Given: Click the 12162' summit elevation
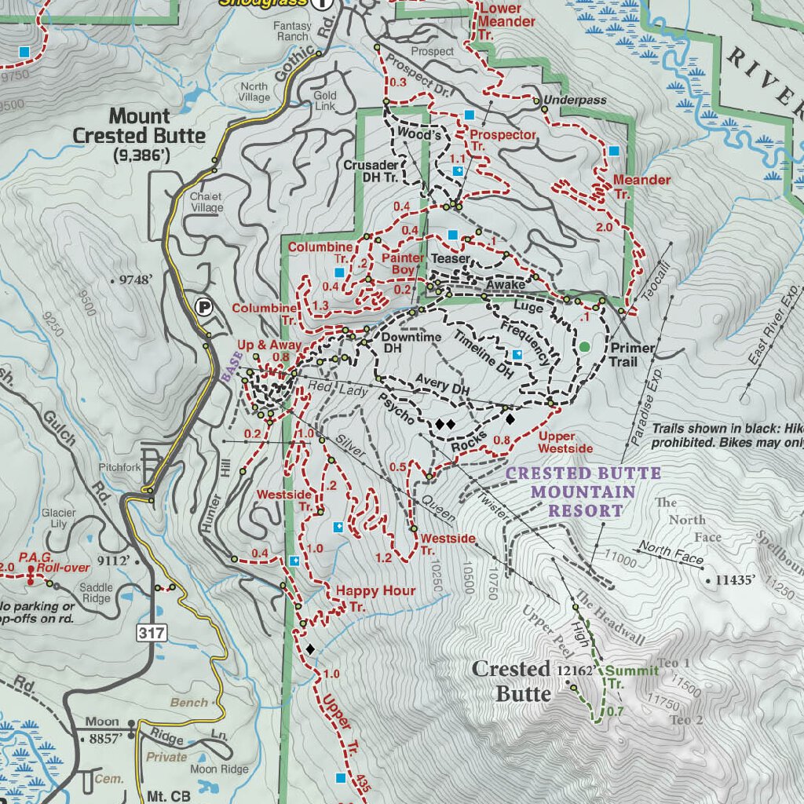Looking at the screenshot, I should (x=575, y=671).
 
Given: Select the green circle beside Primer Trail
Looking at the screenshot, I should (x=584, y=346).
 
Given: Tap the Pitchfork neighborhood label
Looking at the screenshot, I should (x=119, y=468).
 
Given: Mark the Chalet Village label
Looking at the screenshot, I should (x=206, y=203).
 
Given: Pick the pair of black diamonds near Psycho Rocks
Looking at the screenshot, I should (x=445, y=424).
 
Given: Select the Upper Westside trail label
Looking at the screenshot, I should (x=565, y=442).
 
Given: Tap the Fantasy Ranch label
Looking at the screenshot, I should (x=291, y=31).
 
